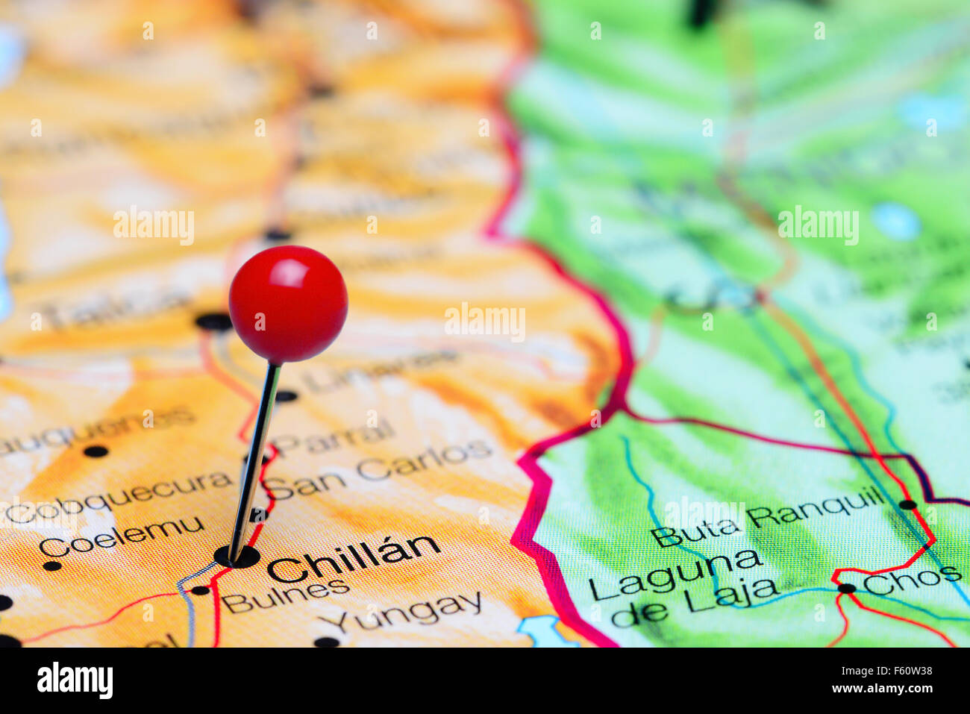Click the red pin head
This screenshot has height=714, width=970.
[x=287, y=304]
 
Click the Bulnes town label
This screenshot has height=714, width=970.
[x=286, y=595]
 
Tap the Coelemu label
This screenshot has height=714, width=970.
[x=121, y=536]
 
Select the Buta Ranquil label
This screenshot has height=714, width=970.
[x=768, y=516]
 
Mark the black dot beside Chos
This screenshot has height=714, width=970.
[x=846, y=588]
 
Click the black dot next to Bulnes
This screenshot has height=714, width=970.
[x=199, y=590]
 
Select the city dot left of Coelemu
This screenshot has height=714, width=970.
[x=52, y=566]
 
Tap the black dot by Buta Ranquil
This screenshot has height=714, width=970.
[x=907, y=504]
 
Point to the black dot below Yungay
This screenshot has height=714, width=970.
[x=326, y=642]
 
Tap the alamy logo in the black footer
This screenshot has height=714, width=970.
[x=75, y=680]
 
